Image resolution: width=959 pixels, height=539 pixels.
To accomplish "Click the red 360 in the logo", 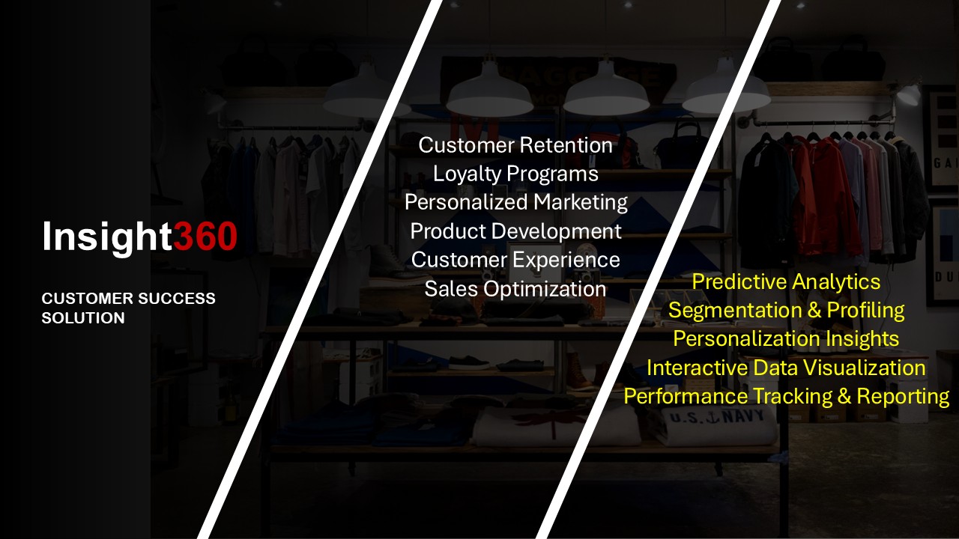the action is (205, 236).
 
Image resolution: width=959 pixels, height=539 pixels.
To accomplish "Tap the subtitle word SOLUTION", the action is (83, 318).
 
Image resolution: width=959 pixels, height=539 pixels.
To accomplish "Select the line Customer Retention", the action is (515, 145).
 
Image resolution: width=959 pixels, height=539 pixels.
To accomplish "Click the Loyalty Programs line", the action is (515, 174).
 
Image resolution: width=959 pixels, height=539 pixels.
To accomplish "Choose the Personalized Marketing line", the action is (516, 203).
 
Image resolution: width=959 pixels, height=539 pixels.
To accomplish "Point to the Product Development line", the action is (515, 232).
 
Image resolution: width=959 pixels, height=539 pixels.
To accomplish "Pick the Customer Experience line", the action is (515, 260).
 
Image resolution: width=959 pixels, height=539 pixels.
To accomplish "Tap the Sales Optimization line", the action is (515, 289).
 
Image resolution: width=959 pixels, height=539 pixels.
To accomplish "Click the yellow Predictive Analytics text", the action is (786, 282).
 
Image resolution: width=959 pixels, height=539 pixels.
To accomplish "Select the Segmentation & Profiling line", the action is (787, 311).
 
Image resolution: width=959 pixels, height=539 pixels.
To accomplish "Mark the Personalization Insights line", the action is (786, 339).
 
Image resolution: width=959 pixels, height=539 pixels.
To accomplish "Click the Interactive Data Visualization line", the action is (786, 368).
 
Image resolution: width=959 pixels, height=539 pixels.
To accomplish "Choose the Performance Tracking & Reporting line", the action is (787, 397).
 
